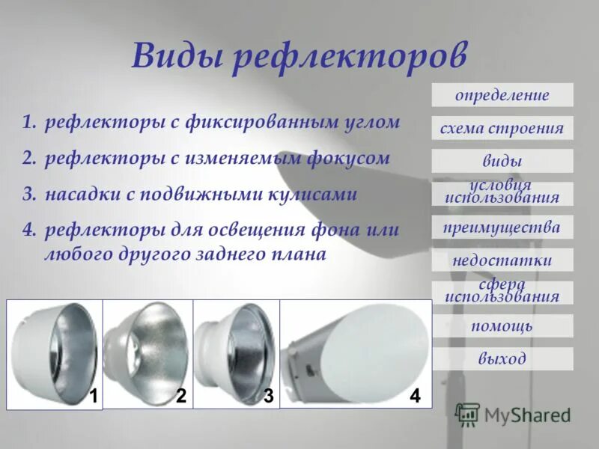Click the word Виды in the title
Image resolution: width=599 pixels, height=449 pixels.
[176, 57]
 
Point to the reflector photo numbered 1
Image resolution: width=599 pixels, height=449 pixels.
[54, 352]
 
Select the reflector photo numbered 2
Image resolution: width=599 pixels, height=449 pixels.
[147, 352]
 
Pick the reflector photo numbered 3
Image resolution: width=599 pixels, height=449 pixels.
[236, 352]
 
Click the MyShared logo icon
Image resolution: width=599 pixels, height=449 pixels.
[466, 415]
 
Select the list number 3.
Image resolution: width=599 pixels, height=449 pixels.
[28, 195]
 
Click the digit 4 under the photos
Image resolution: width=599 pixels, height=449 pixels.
[415, 397]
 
